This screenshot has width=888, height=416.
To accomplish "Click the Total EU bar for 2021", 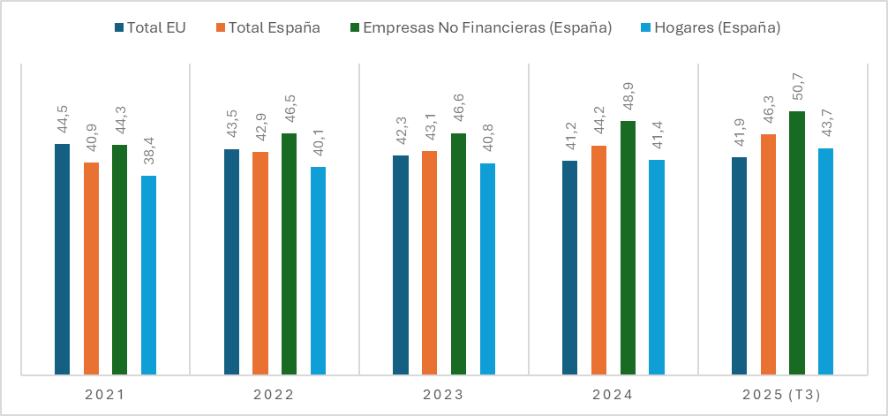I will [x=62, y=259].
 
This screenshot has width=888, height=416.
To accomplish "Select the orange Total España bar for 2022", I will [x=260, y=263].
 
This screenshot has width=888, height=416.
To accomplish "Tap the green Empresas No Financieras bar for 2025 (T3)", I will [x=796, y=243].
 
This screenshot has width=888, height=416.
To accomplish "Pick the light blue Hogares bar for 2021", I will [x=148, y=275].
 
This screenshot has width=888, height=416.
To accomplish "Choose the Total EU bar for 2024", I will [x=569, y=268].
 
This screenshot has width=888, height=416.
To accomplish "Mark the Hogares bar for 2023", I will [x=487, y=269].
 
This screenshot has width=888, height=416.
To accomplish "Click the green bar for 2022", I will [x=289, y=253].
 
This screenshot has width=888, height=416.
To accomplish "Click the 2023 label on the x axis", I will [x=443, y=394].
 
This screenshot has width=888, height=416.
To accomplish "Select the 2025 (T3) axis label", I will [x=782, y=394].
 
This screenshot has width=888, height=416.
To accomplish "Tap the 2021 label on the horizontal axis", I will [x=104, y=394].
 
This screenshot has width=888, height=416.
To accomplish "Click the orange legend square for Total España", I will [x=220, y=27].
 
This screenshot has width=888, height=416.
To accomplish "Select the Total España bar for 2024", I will [x=598, y=260].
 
